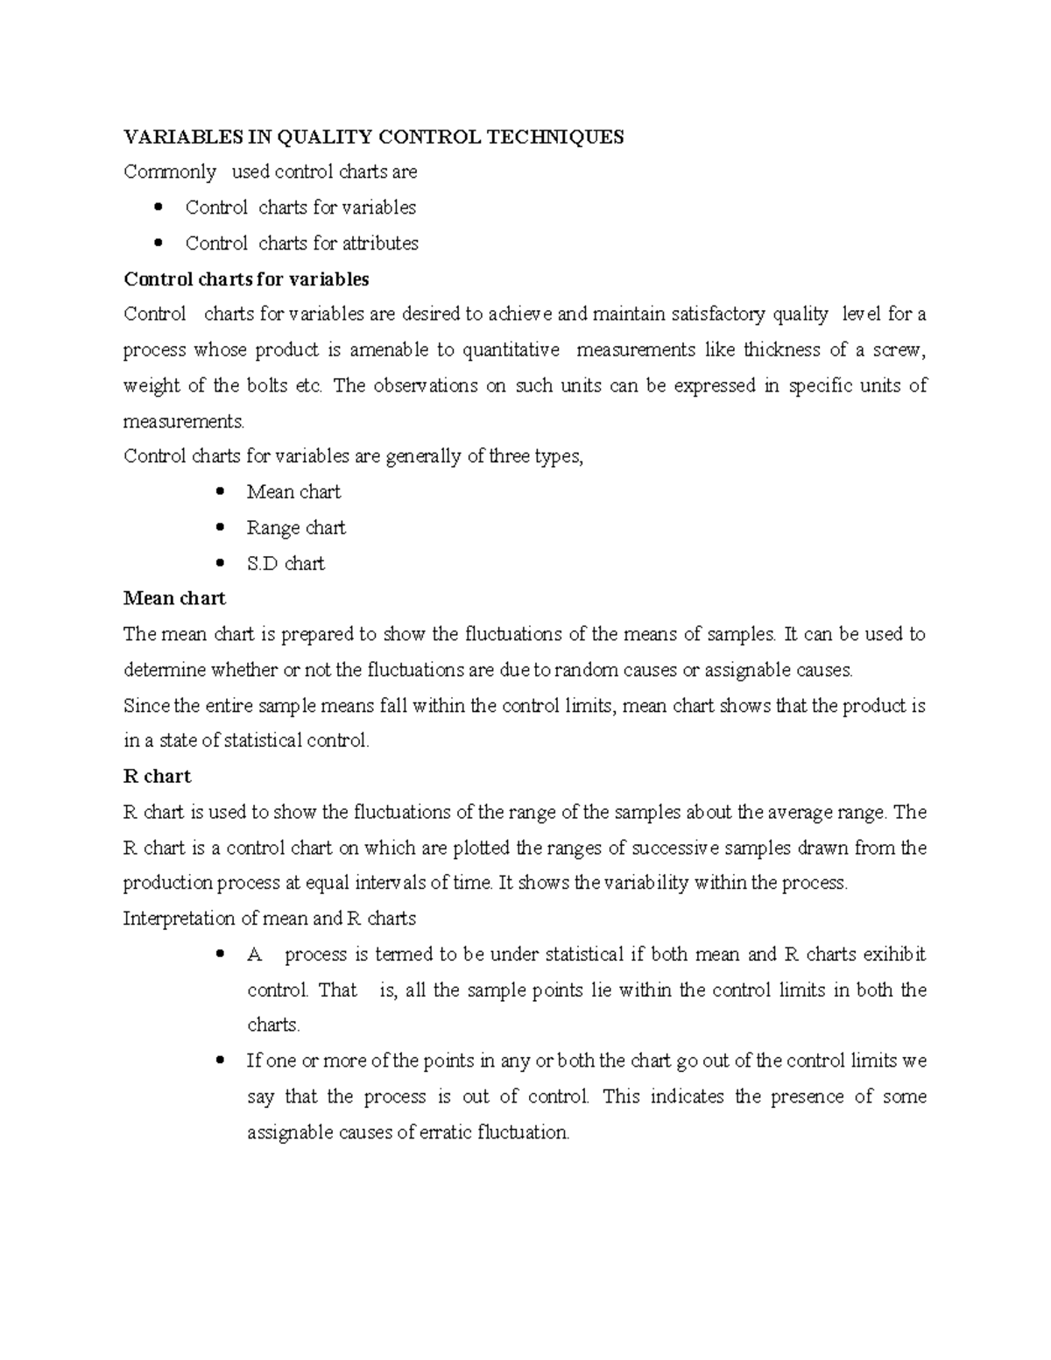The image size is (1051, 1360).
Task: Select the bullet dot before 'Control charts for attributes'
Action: (x=158, y=243)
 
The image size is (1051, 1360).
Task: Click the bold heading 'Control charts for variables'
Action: (x=246, y=279)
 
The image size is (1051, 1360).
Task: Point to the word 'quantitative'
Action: (x=511, y=350)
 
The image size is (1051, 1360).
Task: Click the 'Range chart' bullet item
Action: (x=296, y=528)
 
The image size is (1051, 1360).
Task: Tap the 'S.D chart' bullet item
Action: (x=286, y=564)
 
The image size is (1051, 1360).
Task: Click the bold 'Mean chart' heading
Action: (x=174, y=599)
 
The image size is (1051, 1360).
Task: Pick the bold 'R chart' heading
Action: (x=157, y=777)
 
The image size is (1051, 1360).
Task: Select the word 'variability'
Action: (x=646, y=883)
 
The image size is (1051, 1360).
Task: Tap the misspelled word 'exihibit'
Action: (x=894, y=955)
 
